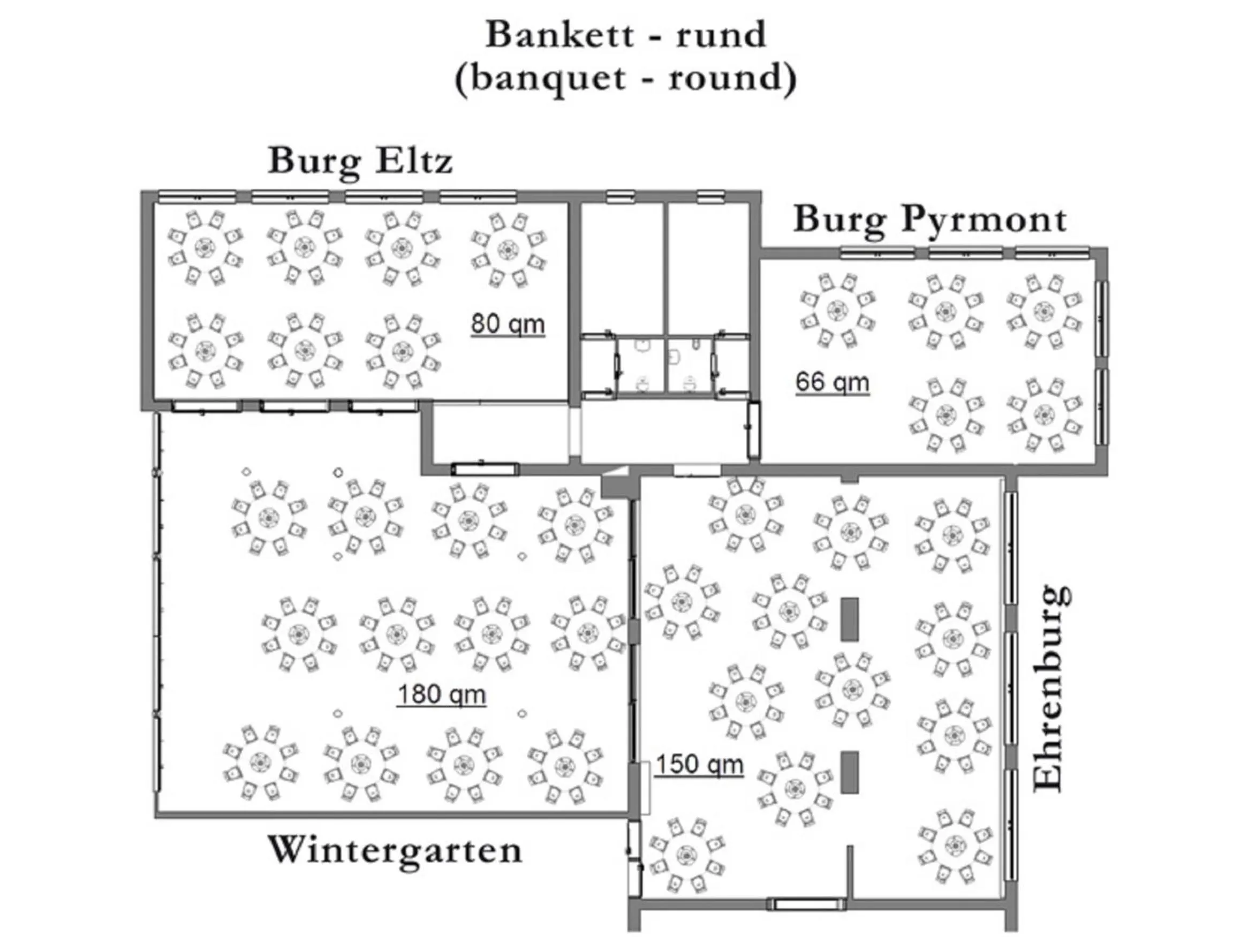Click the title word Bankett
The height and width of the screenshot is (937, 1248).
pyautogui.click(x=560, y=35)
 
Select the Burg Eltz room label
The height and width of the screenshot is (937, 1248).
pyautogui.click(x=360, y=161)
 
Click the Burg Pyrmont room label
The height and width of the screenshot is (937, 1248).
pyautogui.click(x=930, y=219)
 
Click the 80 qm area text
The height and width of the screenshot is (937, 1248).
pyautogui.click(x=508, y=324)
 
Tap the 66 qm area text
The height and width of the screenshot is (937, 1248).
pyautogui.click(x=832, y=382)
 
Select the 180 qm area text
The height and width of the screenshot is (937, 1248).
pyautogui.click(x=441, y=694)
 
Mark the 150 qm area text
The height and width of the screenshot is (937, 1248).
pyautogui.click(x=700, y=765)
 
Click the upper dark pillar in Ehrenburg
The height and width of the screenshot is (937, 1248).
pyautogui.click(x=850, y=619)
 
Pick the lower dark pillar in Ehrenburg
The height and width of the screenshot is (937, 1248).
pyautogui.click(x=850, y=772)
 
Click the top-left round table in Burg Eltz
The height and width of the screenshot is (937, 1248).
pyautogui.click(x=205, y=247)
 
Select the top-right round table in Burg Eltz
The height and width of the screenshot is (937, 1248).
pyautogui.click(x=508, y=250)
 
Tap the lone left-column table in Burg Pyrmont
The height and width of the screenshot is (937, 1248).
pyautogui.click(x=837, y=310)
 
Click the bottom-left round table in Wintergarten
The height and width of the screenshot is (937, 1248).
pyautogui.click(x=260, y=762)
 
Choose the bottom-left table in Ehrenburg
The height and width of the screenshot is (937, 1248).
pyautogui.click(x=686, y=855)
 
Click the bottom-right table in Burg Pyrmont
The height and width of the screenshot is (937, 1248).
pyautogui.click(x=1045, y=414)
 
